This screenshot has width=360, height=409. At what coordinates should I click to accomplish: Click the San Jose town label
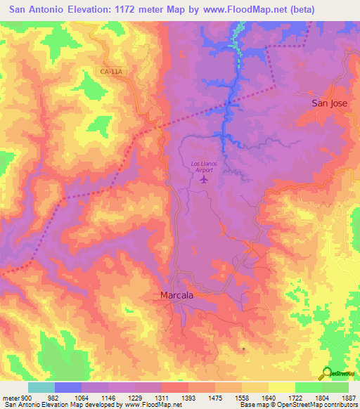(330, 103)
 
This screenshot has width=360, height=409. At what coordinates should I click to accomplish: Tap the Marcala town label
(176, 296)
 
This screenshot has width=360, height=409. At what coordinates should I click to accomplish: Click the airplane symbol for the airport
(205, 181)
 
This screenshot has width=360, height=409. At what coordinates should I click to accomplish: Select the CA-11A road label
(112, 70)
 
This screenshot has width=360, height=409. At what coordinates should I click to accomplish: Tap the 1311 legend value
(162, 397)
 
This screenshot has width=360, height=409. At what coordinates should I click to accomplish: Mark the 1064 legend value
(82, 397)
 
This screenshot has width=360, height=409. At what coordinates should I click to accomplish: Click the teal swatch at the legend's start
(41, 387)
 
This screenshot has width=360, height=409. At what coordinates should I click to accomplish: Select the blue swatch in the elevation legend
(68, 387)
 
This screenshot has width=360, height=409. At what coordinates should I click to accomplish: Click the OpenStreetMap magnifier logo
(327, 372)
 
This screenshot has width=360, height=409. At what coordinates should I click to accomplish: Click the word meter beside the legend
(11, 397)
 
